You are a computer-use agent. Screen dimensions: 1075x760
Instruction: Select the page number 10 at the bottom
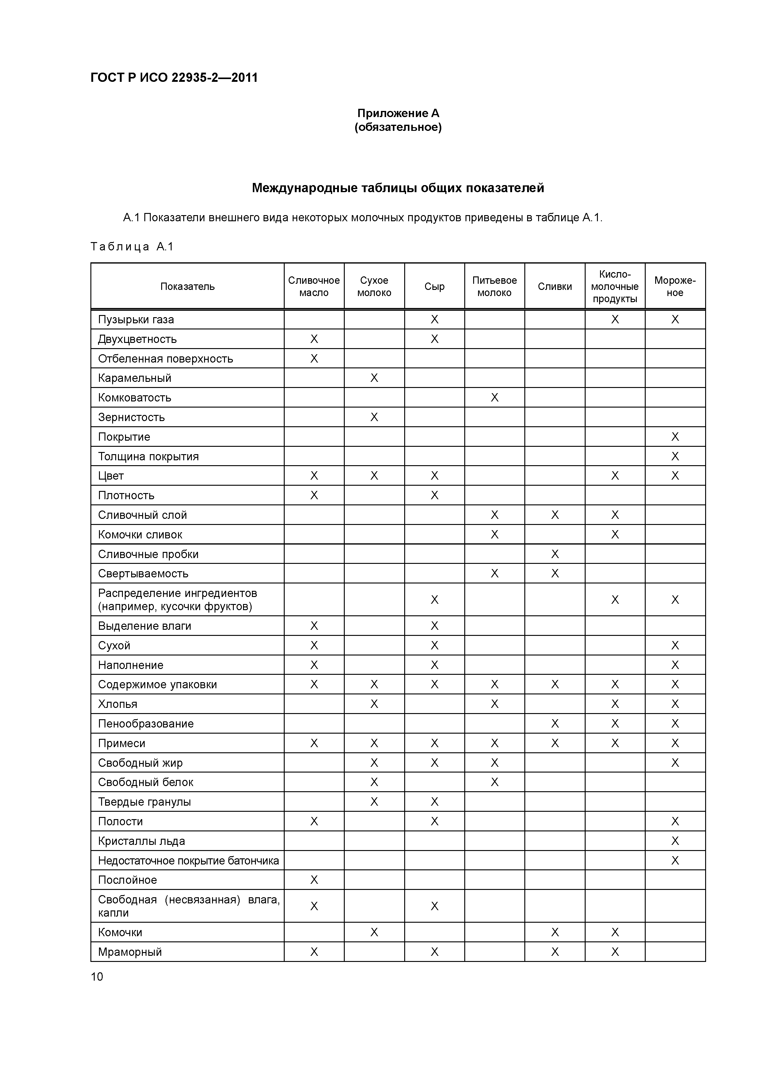tap(97, 976)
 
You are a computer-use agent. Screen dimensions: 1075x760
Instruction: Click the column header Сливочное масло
tap(314, 287)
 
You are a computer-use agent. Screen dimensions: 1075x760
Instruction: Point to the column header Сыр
tap(434, 287)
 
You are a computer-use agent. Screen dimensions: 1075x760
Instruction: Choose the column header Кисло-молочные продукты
tap(614, 287)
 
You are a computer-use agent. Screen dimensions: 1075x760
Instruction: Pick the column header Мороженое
tap(675, 287)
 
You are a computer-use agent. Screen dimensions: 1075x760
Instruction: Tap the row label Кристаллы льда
tap(141, 841)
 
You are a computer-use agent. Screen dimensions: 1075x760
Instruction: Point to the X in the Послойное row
tap(314, 880)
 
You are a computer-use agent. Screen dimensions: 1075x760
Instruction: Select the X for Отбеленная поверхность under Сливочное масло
tap(314, 359)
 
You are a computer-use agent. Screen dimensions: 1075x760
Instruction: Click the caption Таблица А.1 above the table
tap(132, 247)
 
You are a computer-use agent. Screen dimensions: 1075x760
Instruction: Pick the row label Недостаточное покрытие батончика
tap(188, 860)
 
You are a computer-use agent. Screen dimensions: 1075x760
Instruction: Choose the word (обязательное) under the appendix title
tap(398, 127)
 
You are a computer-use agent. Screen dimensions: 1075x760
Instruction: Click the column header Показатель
tap(187, 287)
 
